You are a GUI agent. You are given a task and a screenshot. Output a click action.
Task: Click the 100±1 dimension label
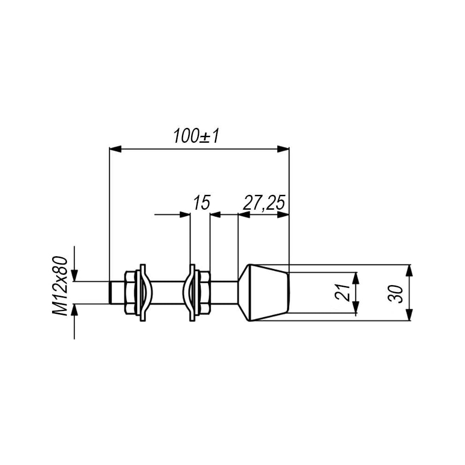point(197,136)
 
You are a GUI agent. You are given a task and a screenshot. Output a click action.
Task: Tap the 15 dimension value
point(202,203)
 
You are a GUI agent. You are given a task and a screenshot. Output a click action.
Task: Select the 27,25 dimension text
point(264,203)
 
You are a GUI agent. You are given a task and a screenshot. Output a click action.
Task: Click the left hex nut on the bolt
point(130,292)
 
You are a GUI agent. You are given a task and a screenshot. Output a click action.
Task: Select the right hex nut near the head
point(204,292)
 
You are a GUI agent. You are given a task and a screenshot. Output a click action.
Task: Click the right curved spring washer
point(191,292)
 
